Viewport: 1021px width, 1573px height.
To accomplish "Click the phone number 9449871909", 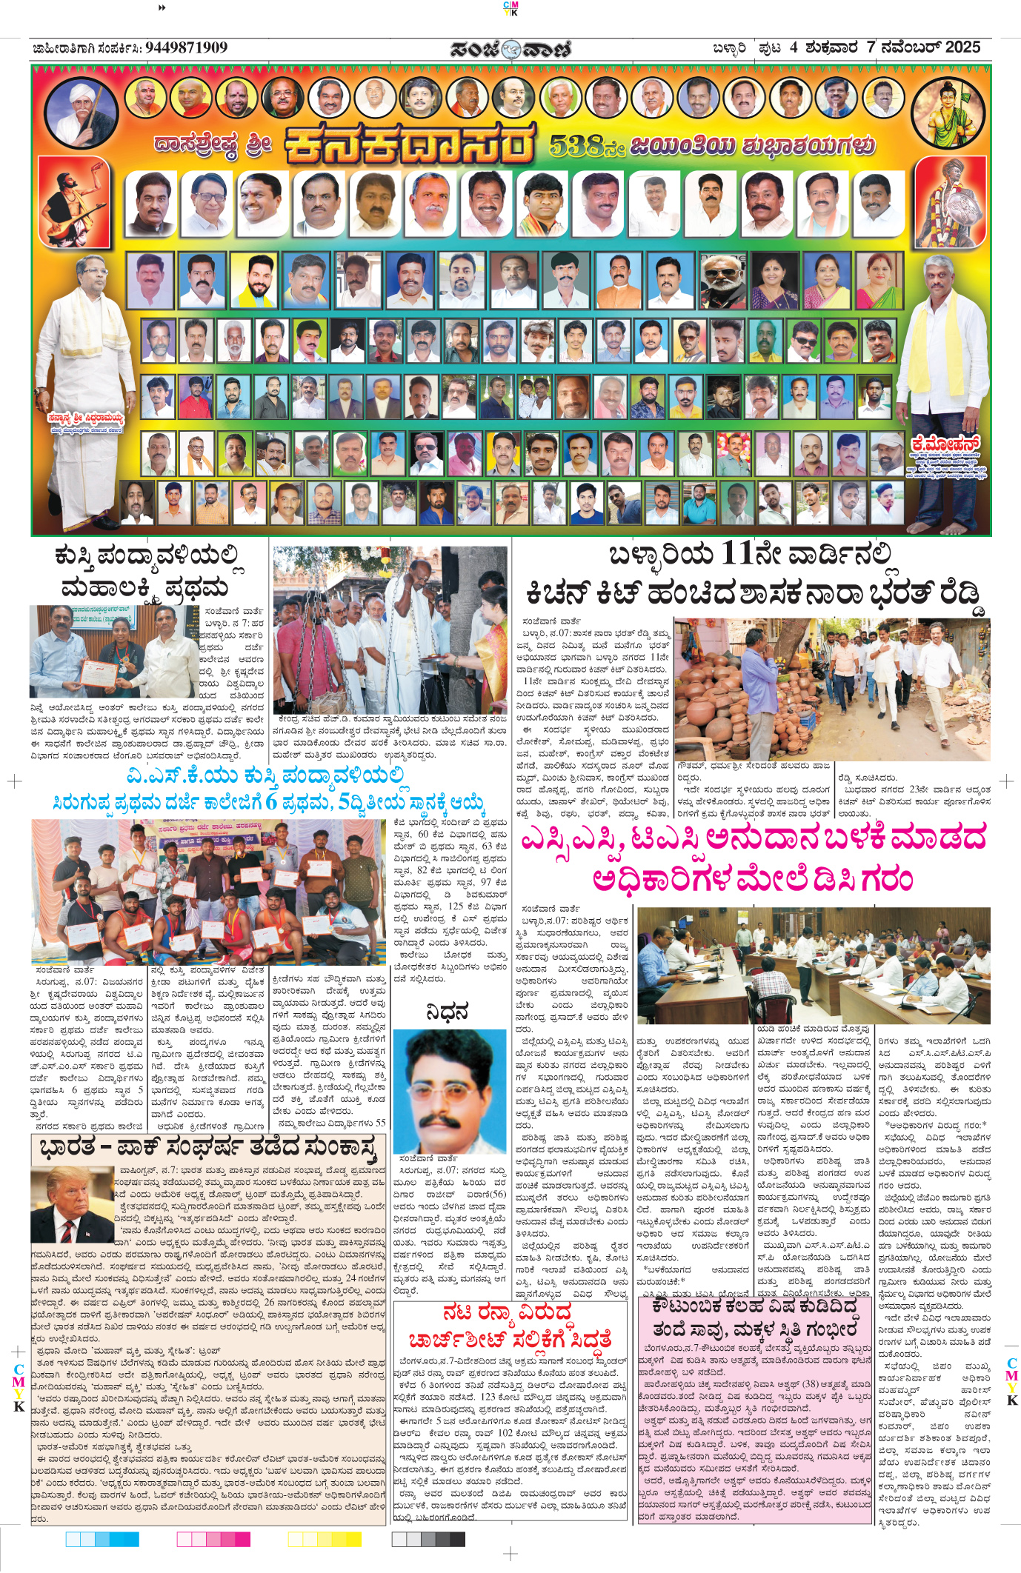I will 186,48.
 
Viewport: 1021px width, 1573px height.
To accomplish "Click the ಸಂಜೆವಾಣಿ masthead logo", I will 511,49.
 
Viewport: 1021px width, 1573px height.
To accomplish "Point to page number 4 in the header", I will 794,48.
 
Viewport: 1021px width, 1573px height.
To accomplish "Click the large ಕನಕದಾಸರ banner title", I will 409,146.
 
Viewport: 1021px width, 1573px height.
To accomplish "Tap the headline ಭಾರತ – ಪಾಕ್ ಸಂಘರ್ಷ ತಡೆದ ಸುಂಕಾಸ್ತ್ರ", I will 208,1149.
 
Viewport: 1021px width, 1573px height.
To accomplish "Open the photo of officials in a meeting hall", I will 813,963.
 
